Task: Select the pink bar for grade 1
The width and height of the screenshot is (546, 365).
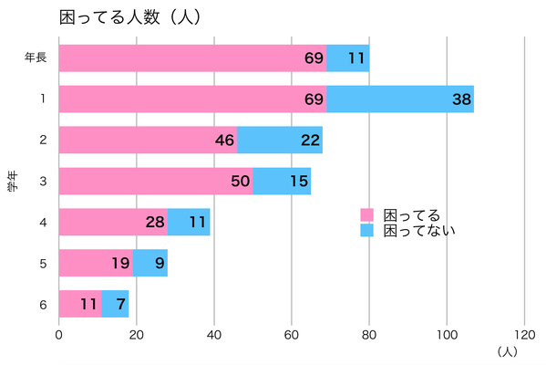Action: (x=192, y=99)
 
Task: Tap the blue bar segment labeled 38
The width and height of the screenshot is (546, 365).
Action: (x=399, y=99)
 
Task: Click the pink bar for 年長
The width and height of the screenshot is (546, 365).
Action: (x=192, y=57)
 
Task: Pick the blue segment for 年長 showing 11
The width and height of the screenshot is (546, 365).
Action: (x=347, y=57)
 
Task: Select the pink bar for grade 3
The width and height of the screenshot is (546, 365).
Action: (x=156, y=181)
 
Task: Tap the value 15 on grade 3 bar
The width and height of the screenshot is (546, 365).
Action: (x=283, y=181)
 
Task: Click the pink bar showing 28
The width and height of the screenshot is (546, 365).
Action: (x=113, y=222)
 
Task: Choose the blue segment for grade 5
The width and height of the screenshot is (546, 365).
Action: (x=150, y=263)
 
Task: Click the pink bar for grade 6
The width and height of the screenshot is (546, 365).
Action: (x=80, y=304)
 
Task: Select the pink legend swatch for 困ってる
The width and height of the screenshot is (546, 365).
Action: (x=367, y=215)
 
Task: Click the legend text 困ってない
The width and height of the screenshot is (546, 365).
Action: (x=419, y=231)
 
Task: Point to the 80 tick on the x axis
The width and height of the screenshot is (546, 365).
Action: (x=369, y=334)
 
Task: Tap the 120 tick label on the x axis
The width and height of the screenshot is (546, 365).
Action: (x=524, y=334)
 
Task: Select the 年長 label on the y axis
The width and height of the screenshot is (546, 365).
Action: (x=36, y=57)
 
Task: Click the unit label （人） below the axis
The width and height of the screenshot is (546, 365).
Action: (x=508, y=350)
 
